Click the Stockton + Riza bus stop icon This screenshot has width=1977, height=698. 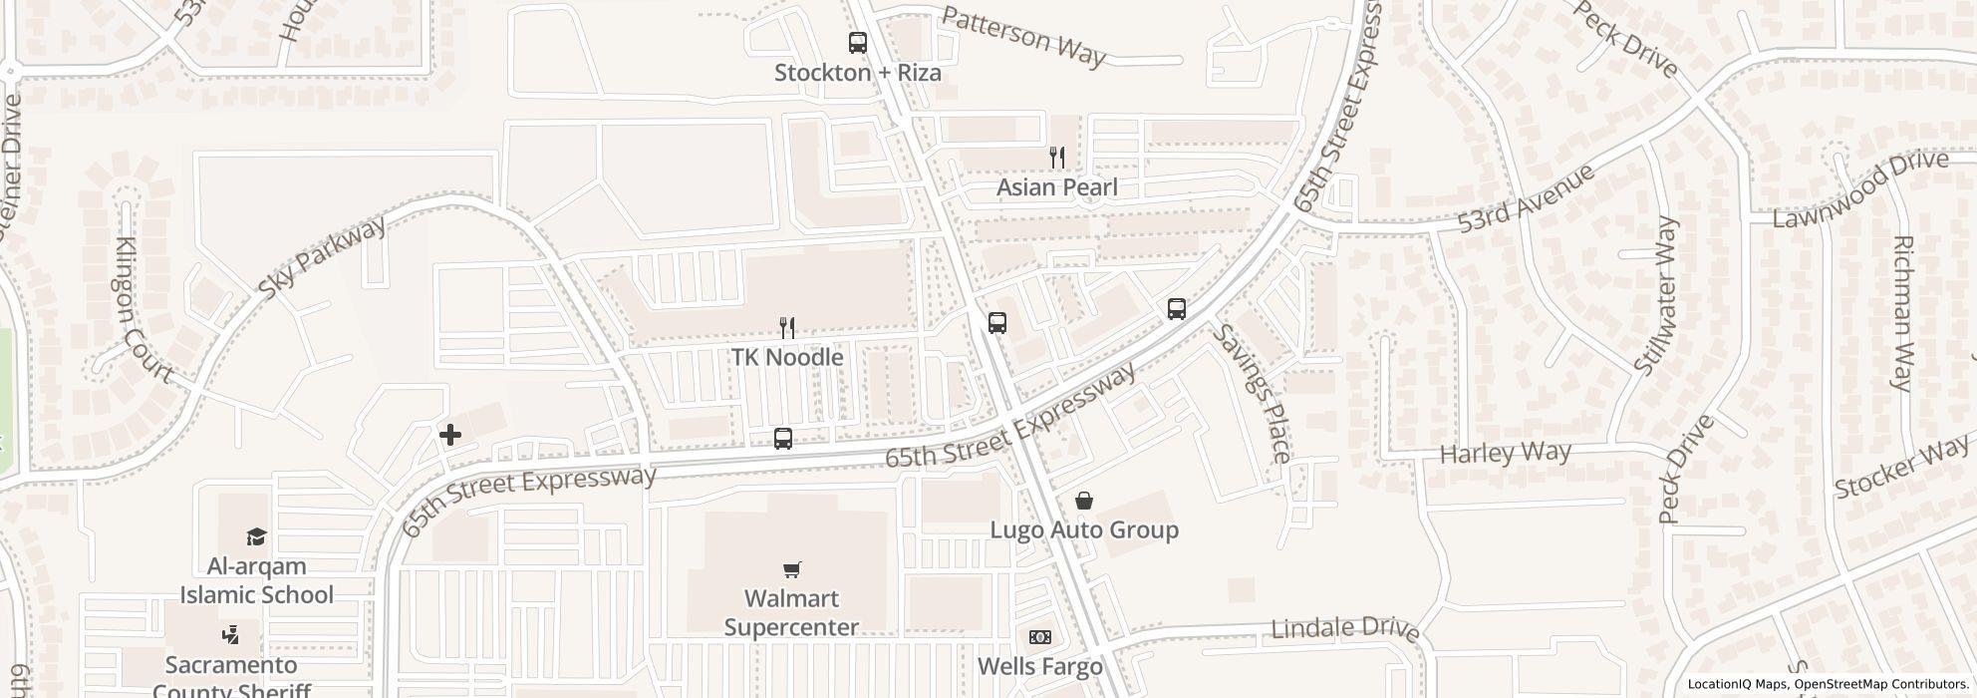(857, 43)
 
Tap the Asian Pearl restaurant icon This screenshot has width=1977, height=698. (1057, 157)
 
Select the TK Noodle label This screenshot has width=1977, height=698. (787, 357)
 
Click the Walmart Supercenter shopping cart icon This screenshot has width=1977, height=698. (791, 569)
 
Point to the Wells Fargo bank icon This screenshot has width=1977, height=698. (1039, 636)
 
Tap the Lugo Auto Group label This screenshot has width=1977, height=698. (1084, 529)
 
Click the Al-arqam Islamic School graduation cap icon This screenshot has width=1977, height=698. (256, 536)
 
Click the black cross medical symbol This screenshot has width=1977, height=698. (450, 435)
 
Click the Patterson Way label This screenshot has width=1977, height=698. (1023, 37)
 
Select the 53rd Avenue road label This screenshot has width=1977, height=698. (1525, 199)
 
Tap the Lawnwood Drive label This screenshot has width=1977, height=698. (1859, 187)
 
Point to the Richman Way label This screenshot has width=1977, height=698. (1901, 313)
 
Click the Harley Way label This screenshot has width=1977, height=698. (1505, 454)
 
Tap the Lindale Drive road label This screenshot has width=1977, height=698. (1345, 628)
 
